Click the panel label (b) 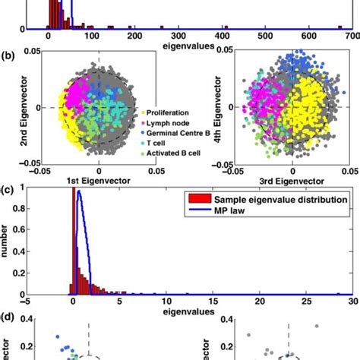(x=8, y=55)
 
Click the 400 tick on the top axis (x=223, y=36)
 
